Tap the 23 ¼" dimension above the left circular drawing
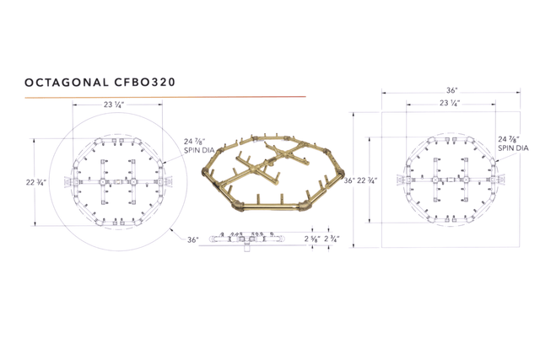point(114,105)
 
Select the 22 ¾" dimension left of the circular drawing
point(35,180)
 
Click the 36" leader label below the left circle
point(193,239)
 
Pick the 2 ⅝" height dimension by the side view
point(311,239)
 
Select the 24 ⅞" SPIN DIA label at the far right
point(512,142)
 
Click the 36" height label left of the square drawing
point(348,180)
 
